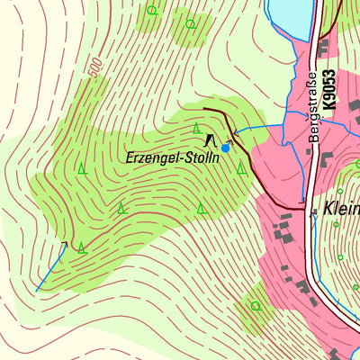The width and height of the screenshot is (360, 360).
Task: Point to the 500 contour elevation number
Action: [x=95, y=67]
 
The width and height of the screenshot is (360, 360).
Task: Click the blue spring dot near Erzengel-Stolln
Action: [x=225, y=148]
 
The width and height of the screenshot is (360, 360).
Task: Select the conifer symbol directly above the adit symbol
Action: [x=196, y=128]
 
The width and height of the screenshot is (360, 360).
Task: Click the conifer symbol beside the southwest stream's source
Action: [x=81, y=247]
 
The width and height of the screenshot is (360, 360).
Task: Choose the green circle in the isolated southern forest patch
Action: [x=256, y=306]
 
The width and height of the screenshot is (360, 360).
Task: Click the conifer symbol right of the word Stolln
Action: [x=240, y=167]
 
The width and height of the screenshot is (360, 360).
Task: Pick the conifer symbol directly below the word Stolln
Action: [x=202, y=208]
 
